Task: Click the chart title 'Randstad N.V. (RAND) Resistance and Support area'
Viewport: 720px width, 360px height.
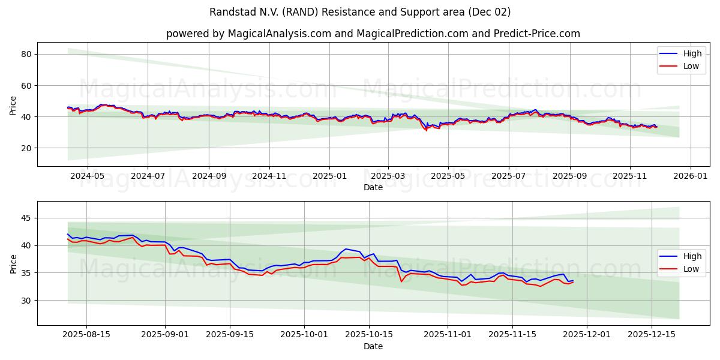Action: click(x=360, y=12)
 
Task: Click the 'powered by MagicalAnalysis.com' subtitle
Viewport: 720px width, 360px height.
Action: click(x=373, y=34)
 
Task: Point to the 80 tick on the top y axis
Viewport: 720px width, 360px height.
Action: click(x=26, y=54)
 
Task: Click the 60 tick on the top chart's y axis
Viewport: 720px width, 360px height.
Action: click(x=26, y=85)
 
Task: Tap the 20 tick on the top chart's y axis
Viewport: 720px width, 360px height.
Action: click(x=26, y=148)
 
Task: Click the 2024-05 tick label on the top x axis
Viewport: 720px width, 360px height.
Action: click(x=88, y=176)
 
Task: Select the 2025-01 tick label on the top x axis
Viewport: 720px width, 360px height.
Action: click(x=329, y=176)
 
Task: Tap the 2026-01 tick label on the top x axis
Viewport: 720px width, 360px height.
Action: click(x=691, y=176)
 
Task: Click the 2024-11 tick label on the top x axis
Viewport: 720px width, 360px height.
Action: click(x=269, y=176)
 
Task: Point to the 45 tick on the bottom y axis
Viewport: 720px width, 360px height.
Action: click(x=26, y=218)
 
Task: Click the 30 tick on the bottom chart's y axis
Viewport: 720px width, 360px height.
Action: click(x=26, y=300)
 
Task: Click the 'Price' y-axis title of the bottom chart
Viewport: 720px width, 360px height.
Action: click(x=13, y=263)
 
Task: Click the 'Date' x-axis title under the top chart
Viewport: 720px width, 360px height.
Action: click(x=373, y=187)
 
